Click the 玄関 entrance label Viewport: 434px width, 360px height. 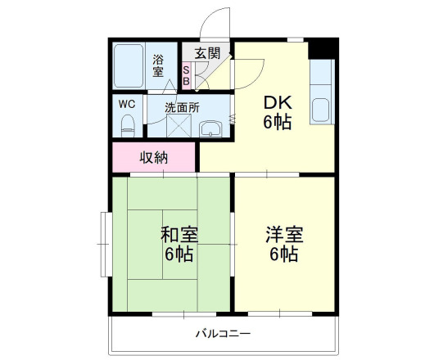point(207,53)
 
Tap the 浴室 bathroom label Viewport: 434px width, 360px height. point(159,65)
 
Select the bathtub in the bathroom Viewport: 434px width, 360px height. point(129,65)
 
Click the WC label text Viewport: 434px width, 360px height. point(127,104)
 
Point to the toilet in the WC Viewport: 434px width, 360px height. point(128,126)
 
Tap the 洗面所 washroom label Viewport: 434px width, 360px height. point(182,106)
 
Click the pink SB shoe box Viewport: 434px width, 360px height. point(187,75)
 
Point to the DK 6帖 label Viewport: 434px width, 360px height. point(277,113)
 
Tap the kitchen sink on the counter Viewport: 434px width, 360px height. point(320,110)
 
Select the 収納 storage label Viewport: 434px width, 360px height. point(153,157)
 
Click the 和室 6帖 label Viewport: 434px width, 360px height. point(177,244)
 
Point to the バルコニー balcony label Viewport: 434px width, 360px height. point(222,333)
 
